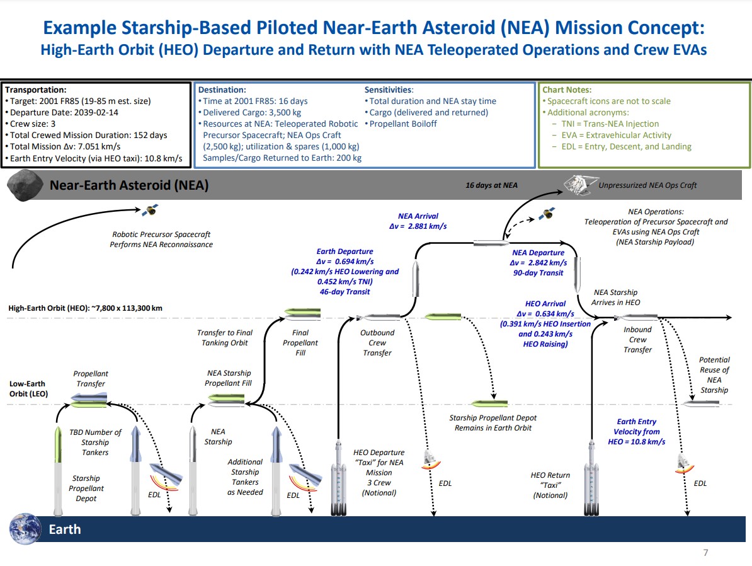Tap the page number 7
pos(705,553)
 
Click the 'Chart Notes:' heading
pos(567,90)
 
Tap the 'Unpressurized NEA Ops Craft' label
pos(647,185)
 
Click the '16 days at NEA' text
pos(491,185)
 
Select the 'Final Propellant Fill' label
pos(300,343)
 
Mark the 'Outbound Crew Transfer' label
pos(377,343)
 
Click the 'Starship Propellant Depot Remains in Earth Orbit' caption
pos(490,423)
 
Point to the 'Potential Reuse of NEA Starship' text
pos(714,375)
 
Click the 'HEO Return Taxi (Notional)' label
pos(550,485)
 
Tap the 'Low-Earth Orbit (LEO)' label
pos(27,388)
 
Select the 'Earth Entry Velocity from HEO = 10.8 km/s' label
pos(636,432)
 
